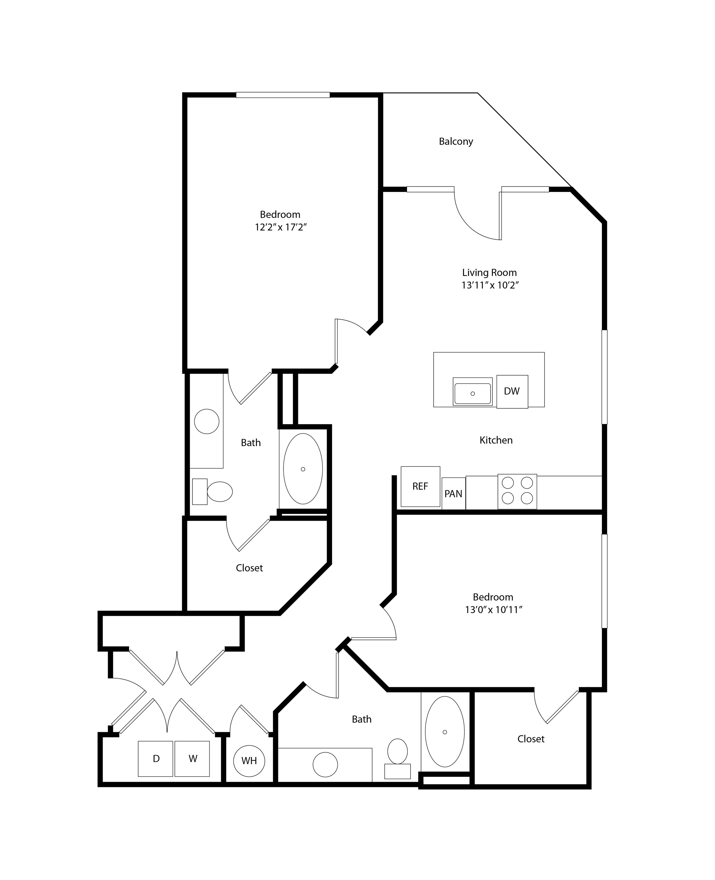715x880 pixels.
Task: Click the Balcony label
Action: (x=456, y=141)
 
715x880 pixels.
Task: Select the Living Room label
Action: (x=489, y=272)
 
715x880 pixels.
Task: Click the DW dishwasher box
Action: (x=512, y=392)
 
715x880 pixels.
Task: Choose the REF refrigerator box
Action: (x=420, y=486)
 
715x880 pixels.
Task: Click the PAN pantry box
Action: (x=453, y=493)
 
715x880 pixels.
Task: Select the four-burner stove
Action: (x=517, y=491)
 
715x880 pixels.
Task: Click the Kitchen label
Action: (x=496, y=440)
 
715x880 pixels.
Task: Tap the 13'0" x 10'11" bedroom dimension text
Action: (x=493, y=610)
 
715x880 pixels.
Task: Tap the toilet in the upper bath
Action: (x=213, y=491)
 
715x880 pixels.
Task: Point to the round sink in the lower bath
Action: (x=325, y=765)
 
